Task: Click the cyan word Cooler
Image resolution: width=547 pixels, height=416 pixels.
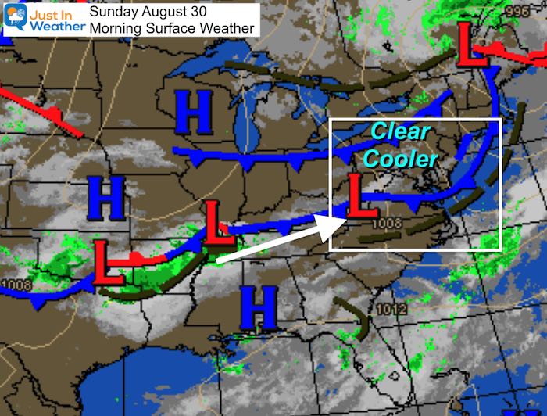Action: coord(404,159)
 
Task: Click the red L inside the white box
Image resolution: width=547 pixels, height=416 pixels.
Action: coord(357,197)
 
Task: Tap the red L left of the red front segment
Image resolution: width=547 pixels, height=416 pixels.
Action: coord(109,263)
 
